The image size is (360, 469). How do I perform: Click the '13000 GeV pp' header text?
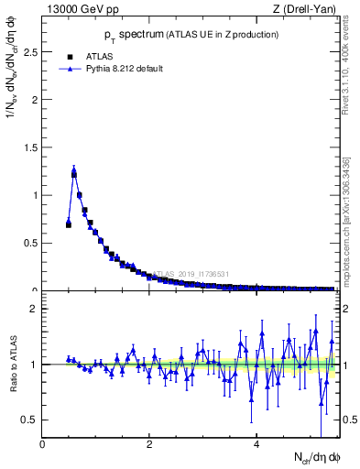click(x=78, y=8)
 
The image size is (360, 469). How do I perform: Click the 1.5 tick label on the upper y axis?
click(x=33, y=147)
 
